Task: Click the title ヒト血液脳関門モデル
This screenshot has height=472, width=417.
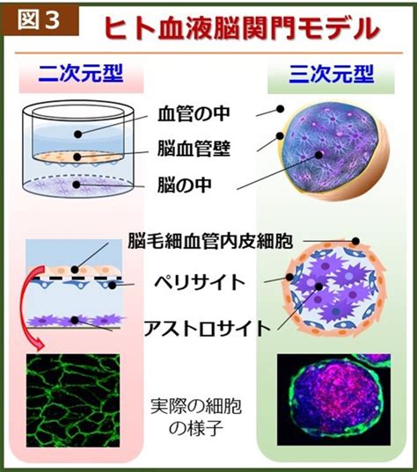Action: [x=242, y=28]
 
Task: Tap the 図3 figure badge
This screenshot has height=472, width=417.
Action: [x=40, y=20]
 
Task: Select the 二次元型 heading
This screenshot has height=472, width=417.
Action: [x=81, y=73]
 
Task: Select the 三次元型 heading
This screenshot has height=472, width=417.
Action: [x=331, y=74]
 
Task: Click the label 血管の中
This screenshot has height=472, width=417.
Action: [x=194, y=113]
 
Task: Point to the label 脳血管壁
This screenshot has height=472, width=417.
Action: [x=194, y=149]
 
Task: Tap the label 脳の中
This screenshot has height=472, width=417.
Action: [x=185, y=185]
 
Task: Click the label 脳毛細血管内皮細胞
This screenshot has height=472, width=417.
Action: [x=210, y=241]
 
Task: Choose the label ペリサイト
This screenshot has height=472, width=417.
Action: [x=200, y=282]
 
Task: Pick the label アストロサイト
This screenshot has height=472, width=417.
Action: [x=208, y=328]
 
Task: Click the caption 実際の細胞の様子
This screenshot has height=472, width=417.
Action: [x=196, y=417]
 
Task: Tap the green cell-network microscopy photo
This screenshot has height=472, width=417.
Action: [x=73, y=400]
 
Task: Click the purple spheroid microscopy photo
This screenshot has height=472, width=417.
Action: [x=333, y=399]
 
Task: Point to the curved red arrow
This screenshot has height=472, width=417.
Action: [x=22, y=304]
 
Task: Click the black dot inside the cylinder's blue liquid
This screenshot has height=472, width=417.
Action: [x=78, y=134]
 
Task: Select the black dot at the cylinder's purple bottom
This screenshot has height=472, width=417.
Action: [x=77, y=185]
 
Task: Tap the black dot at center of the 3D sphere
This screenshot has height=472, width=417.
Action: [x=318, y=155]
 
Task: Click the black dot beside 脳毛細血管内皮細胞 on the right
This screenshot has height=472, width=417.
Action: [x=355, y=241]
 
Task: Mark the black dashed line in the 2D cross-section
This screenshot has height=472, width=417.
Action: [x=77, y=279]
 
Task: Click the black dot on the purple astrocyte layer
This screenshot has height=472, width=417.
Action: [x=75, y=320]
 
